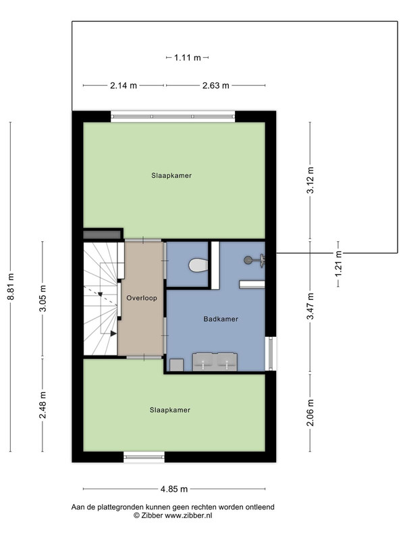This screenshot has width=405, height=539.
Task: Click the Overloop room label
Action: click(142, 298)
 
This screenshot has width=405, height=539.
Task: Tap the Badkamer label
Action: click(221, 319)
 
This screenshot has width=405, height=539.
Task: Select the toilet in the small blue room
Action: click(198, 265)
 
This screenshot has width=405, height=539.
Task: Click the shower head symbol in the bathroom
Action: click(254, 260)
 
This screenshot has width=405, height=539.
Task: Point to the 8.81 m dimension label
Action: click(11, 287)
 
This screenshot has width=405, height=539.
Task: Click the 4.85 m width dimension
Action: click(174, 489)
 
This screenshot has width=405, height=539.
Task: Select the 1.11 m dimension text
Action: click(188, 58)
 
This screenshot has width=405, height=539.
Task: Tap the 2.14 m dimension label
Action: click(124, 86)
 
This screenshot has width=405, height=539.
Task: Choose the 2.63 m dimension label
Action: click(215, 86)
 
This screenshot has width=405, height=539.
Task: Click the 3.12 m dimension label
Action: click(310, 180)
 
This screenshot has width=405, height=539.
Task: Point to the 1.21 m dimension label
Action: click(339, 263)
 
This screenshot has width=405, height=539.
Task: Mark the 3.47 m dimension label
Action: click(310, 306)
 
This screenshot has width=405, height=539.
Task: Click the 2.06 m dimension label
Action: click(310, 412)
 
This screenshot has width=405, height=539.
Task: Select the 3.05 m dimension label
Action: click(43, 298)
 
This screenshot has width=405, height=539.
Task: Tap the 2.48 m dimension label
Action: click(43, 405)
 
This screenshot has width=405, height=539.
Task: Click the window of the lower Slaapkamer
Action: click(144, 457)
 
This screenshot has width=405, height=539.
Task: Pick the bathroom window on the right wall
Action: click(271, 353)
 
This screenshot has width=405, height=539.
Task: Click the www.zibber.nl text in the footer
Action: click(188, 515)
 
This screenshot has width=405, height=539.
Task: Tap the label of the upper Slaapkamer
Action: click(171, 176)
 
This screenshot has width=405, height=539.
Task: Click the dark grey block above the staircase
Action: click(102, 234)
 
